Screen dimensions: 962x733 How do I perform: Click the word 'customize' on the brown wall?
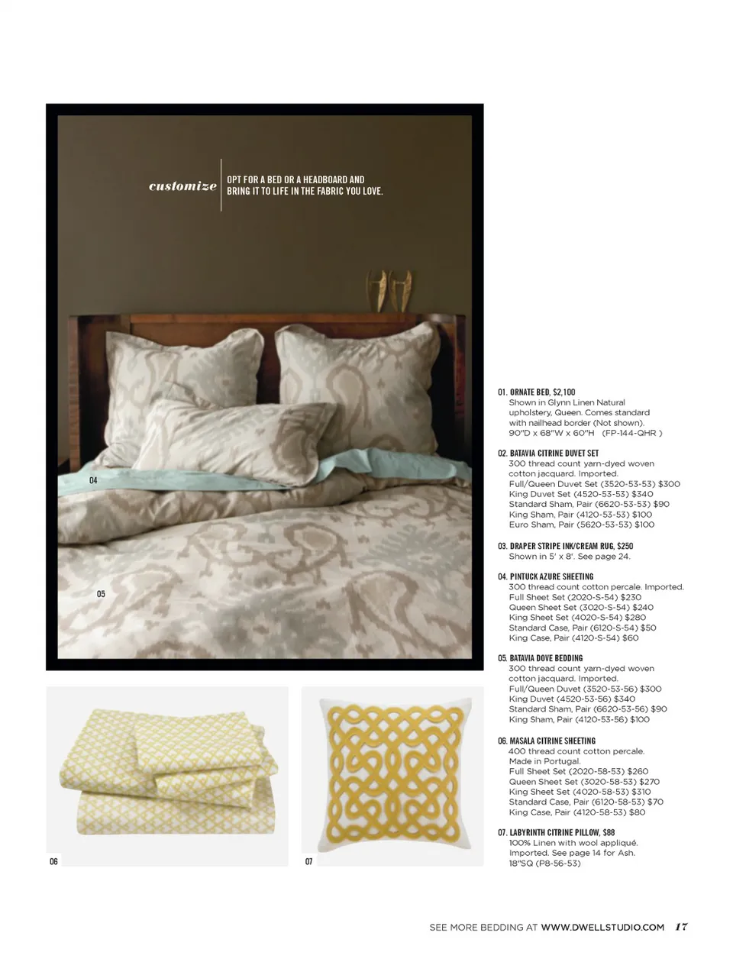point(182,186)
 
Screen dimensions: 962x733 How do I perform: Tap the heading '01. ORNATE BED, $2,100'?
point(537,392)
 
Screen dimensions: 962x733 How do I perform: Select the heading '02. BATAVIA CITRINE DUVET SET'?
point(548,453)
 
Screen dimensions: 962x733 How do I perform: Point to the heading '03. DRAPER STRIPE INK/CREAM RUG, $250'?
point(565,546)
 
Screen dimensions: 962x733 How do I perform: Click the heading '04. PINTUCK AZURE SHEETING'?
point(545,576)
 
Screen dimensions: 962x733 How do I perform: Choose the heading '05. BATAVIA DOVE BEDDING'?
point(540,657)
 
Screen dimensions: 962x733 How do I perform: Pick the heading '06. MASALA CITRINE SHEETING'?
point(547,741)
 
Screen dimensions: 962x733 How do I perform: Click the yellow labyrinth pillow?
point(392,776)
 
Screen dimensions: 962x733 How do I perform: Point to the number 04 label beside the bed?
point(93,480)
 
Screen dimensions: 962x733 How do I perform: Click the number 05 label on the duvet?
point(101,593)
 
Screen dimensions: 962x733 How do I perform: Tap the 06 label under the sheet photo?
point(53,861)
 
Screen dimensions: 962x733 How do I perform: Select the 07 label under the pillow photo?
point(308,861)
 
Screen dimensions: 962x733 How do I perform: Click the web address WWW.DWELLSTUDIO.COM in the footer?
point(602,927)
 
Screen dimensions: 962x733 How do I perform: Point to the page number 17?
point(681,927)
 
